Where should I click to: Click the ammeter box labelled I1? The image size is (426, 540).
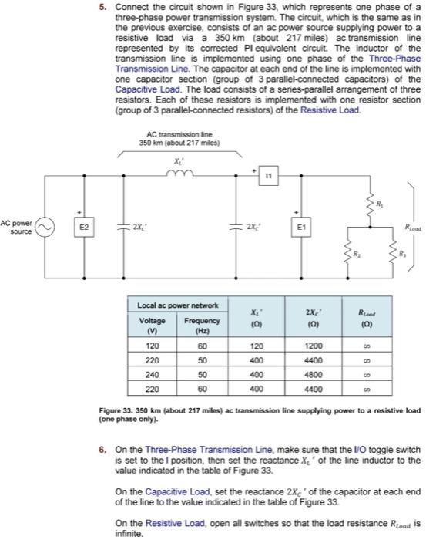click(268, 176)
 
